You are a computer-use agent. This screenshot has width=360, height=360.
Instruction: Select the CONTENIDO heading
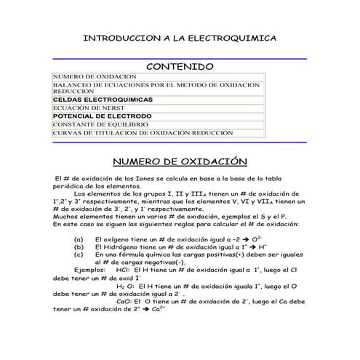pyautogui.click(x=180, y=66)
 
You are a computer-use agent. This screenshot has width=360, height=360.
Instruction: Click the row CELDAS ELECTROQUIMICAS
pyautogui.click(x=103, y=99)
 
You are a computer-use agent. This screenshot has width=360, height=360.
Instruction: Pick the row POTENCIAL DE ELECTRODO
pyautogui.click(x=102, y=116)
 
